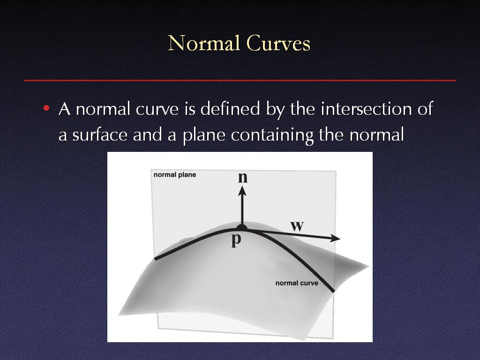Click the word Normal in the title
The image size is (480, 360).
tap(204, 43)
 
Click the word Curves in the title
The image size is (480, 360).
tap(278, 43)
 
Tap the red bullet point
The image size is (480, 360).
tap(46, 108)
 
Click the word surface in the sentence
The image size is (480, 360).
tap(100, 135)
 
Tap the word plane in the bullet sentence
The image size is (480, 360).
tap(204, 135)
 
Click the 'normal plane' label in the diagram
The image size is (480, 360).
tap(175, 175)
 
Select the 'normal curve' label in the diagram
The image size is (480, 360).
tap(297, 283)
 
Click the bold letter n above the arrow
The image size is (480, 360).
tap(243, 178)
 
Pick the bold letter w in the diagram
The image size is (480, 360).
tap(297, 226)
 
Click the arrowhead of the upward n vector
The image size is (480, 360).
tap(242, 191)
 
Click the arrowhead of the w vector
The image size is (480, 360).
tap(336, 239)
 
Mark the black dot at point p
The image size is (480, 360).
tap(242, 228)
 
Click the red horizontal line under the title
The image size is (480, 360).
tap(240, 80)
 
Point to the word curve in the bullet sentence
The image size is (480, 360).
tap(157, 109)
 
